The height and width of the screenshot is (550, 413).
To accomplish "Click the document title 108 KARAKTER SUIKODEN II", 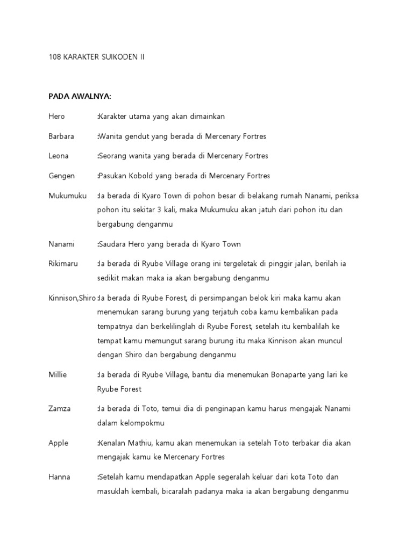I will (x=96, y=56).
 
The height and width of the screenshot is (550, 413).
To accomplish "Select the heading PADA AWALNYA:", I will (x=80, y=96).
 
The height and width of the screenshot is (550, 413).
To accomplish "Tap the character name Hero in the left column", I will (x=56, y=116).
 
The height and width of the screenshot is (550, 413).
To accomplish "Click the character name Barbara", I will (x=61, y=136).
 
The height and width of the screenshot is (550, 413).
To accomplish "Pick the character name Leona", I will (x=59, y=156).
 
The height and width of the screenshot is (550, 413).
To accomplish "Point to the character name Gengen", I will (x=61, y=176).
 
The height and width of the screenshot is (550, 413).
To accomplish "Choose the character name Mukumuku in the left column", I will (x=67, y=196).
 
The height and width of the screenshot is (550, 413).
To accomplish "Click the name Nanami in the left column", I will (x=61, y=244).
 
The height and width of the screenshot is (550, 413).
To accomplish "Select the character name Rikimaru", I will (x=63, y=264).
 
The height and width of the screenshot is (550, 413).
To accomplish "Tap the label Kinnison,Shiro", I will (x=72, y=298).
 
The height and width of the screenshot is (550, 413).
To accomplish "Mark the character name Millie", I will (x=58, y=374).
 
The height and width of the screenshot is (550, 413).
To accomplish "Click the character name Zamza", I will (x=59, y=409).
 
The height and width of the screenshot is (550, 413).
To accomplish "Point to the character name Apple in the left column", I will (x=58, y=443).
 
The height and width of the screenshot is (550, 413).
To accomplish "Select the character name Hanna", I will (x=59, y=477).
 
